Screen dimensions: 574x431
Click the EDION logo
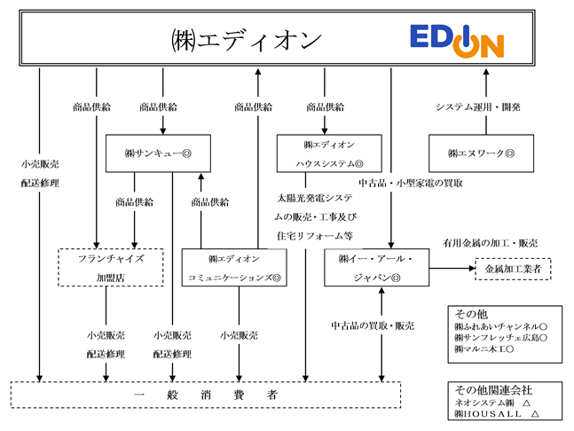point(457,41)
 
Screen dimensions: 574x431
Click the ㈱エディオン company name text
point(247,40)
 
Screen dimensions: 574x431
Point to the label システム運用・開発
point(477,107)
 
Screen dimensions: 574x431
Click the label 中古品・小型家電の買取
point(411,183)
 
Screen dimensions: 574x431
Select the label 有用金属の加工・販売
point(491,243)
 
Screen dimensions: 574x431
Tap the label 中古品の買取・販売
point(373,325)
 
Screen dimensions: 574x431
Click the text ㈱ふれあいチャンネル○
point(500,326)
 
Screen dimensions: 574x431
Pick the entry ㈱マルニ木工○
point(484,349)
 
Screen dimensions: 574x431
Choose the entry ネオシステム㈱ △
point(492,403)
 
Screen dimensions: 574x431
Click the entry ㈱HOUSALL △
point(497,414)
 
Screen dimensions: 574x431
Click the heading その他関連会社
point(493,390)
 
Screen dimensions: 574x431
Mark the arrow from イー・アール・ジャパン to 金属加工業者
point(452,268)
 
